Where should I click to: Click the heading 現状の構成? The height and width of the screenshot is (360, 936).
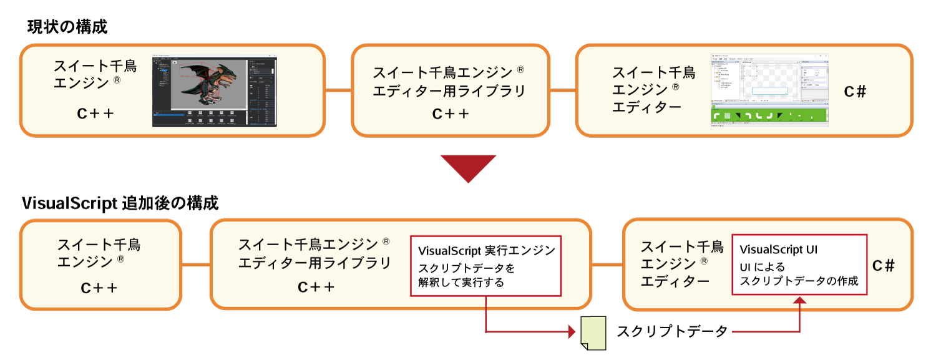pyautogui.click(x=67, y=27)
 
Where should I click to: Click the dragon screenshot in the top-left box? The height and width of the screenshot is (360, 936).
pyautogui.click(x=215, y=91)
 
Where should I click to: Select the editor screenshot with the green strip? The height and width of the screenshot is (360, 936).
pyautogui.click(x=769, y=90)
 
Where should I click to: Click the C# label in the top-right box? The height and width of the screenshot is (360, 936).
pyautogui.click(x=855, y=92)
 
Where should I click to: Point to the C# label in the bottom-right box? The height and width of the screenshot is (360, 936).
pyautogui.click(x=884, y=266)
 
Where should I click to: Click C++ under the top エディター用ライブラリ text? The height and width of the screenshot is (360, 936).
pyautogui.click(x=451, y=114)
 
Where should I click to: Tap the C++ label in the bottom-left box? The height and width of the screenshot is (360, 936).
pyautogui.click(x=99, y=288)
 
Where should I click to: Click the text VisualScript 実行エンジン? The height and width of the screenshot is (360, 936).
pyautogui.click(x=486, y=251)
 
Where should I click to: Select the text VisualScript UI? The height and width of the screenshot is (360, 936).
pyautogui.click(x=778, y=250)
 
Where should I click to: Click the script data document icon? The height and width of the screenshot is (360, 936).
pyautogui.click(x=593, y=331)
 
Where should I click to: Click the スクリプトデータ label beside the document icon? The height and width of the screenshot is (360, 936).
pyautogui.click(x=672, y=331)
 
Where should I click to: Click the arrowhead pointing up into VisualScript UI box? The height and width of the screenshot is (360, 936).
pyautogui.click(x=800, y=301)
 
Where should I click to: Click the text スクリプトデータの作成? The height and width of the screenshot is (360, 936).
pyautogui.click(x=799, y=281)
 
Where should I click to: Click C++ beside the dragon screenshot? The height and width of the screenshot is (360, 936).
pyautogui.click(x=95, y=114)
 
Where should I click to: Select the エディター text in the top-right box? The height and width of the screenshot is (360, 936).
pyautogui.click(x=646, y=107)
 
